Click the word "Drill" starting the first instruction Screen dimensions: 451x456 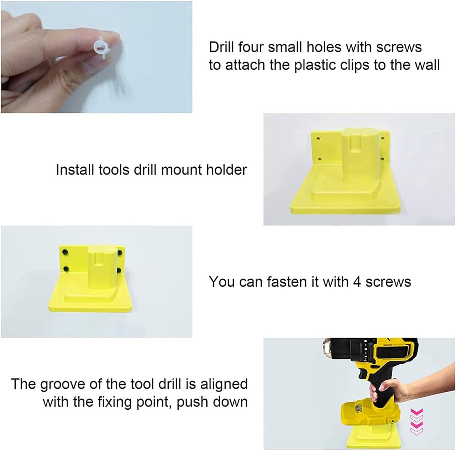[222, 47]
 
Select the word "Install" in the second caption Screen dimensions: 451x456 [74, 170]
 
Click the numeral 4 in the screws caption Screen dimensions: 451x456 [357, 282]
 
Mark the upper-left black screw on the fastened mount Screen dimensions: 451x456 [65, 252]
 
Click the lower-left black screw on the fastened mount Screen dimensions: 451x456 [66, 269]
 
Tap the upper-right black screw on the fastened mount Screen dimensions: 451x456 [120, 253]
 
